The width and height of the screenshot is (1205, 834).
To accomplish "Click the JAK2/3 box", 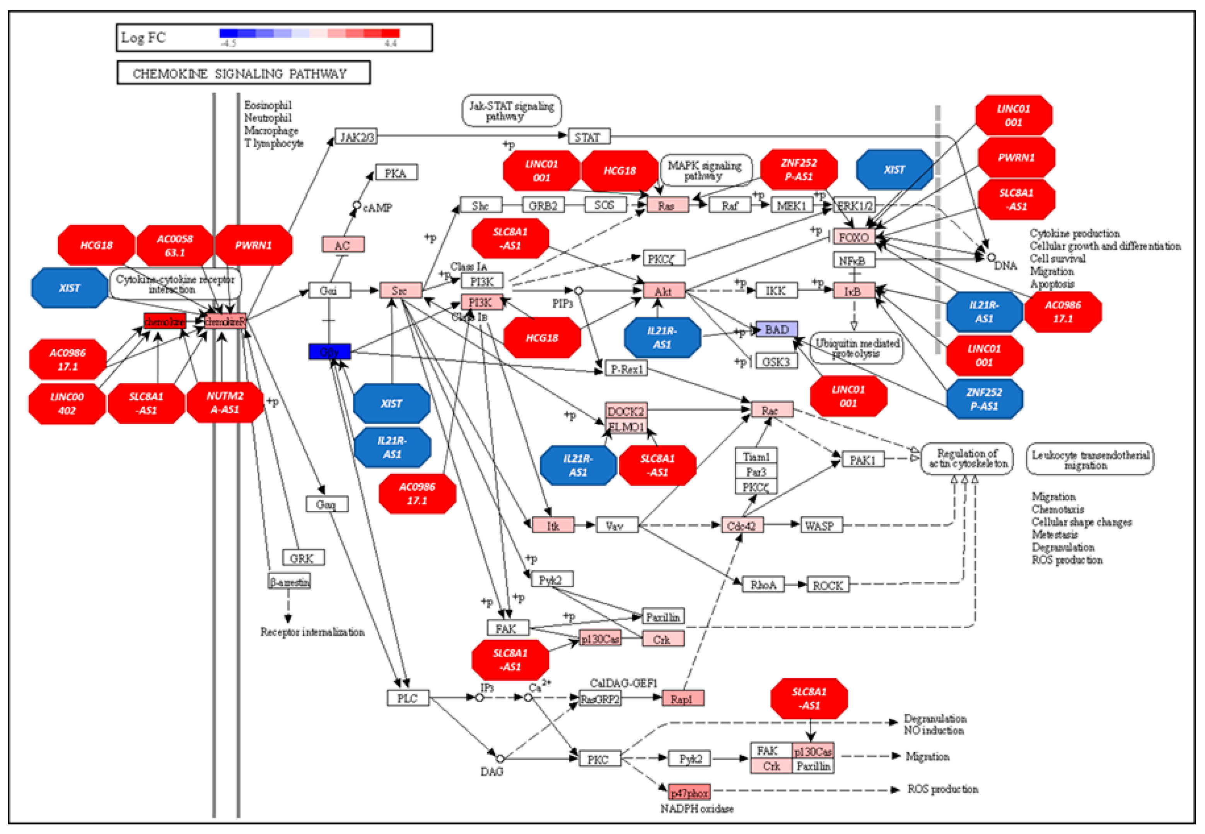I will (356, 137).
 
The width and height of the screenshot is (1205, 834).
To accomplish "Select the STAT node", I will (589, 137).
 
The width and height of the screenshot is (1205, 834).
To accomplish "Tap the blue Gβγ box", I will (329, 352).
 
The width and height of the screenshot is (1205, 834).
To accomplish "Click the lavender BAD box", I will (777, 329).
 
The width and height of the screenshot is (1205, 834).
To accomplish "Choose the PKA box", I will (396, 173).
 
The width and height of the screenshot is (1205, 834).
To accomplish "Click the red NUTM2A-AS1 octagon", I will (225, 403).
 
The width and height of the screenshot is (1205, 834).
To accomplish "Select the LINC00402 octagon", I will (67, 403).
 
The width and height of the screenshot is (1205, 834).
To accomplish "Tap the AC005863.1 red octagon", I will (174, 246).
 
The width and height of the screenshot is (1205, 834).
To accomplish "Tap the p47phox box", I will (689, 793).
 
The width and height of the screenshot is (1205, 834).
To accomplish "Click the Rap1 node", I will (683, 699).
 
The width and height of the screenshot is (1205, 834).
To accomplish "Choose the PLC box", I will (408, 698).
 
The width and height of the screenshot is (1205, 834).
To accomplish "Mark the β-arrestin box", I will (289, 582).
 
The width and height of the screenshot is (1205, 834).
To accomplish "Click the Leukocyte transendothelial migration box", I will (1090, 459).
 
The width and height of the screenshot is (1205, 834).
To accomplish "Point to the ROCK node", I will (828, 585).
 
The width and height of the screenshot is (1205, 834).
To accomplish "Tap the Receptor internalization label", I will (312, 632).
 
